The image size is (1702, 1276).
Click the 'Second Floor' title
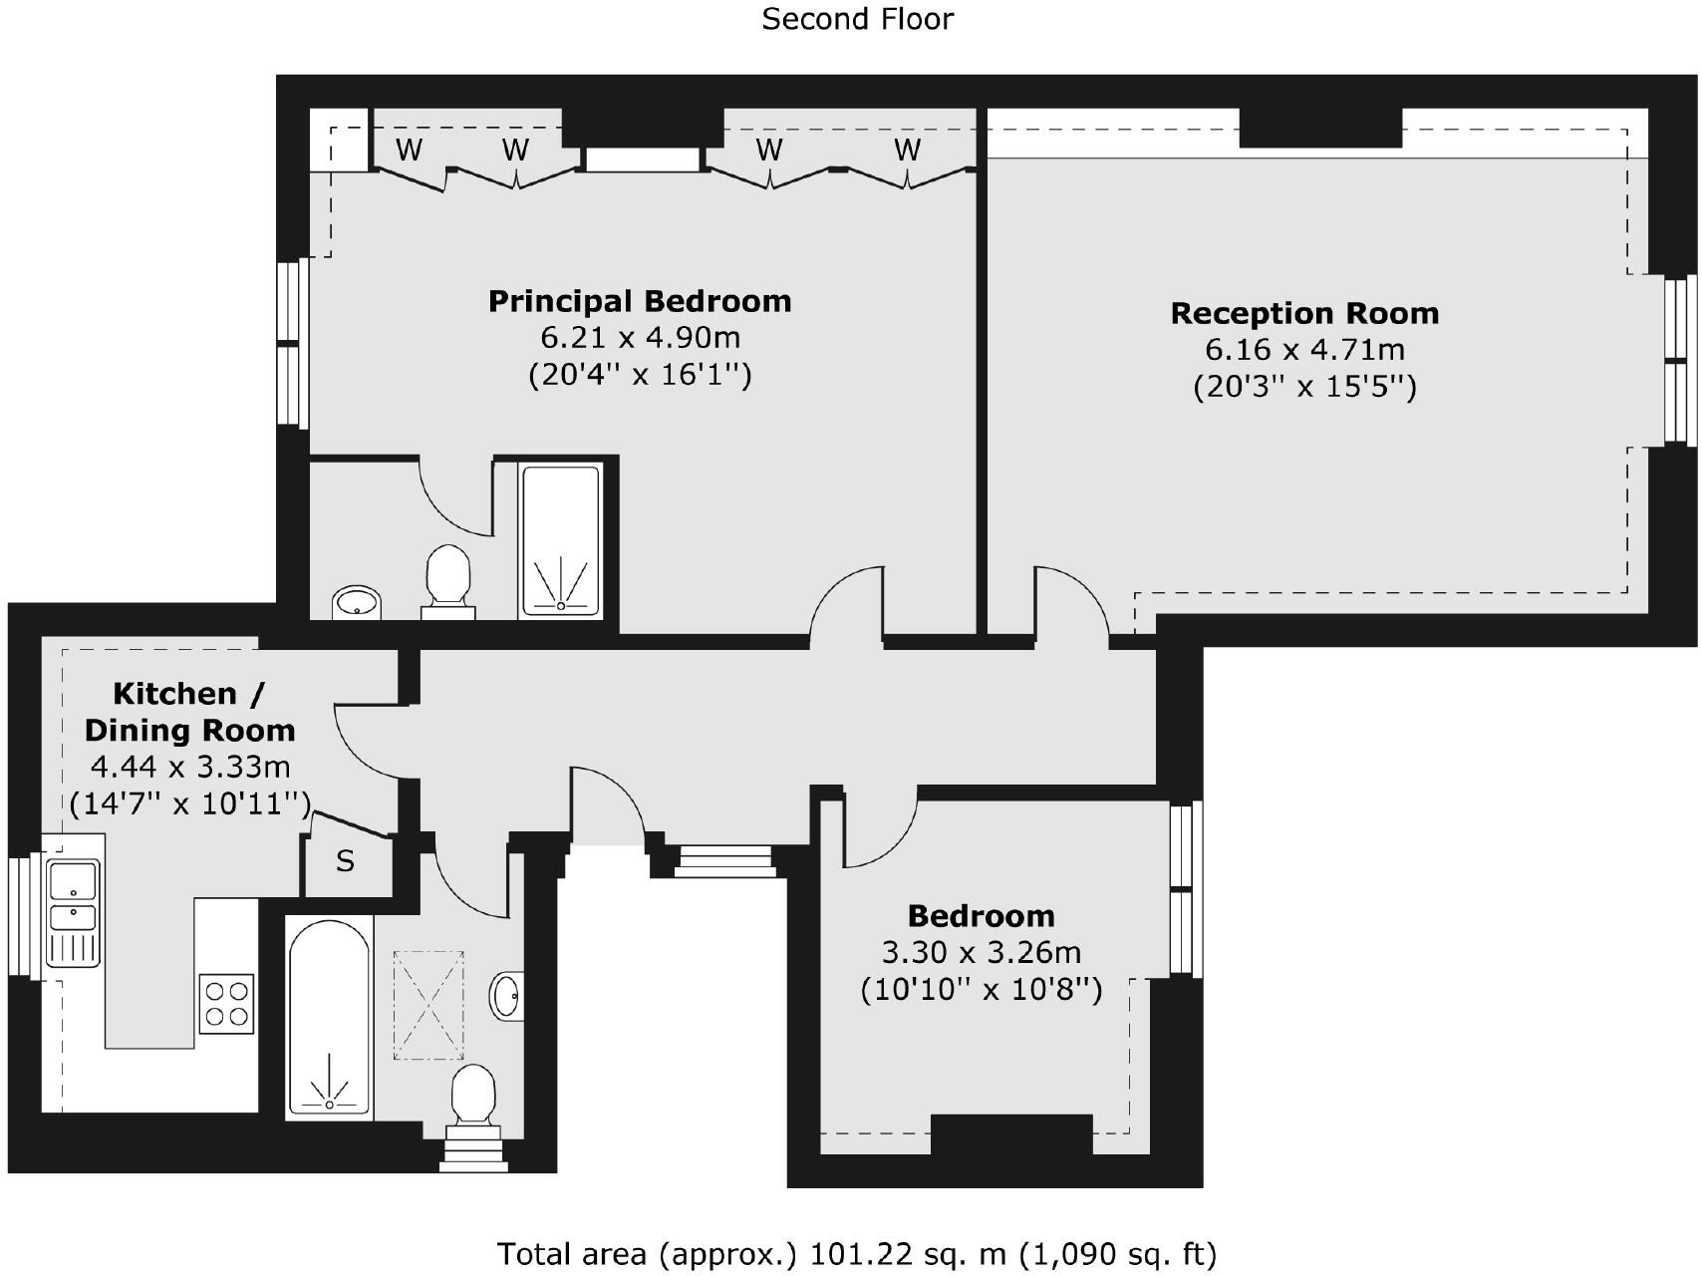(x=857, y=19)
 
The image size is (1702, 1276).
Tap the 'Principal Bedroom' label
(x=640, y=301)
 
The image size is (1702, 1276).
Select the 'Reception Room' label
(x=1304, y=313)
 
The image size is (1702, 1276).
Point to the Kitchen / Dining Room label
(x=189, y=712)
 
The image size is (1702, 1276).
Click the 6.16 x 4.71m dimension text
(x=1304, y=350)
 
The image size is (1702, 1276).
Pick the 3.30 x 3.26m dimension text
(x=982, y=953)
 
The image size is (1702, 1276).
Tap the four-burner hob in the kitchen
(x=226, y=1004)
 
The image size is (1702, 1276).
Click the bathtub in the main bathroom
(x=330, y=1017)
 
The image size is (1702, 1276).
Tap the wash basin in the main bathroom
(x=507, y=995)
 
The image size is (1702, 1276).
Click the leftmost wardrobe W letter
(x=409, y=151)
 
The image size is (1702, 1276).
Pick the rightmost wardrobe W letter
(x=907, y=151)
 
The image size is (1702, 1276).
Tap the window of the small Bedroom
(x=1185, y=888)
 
